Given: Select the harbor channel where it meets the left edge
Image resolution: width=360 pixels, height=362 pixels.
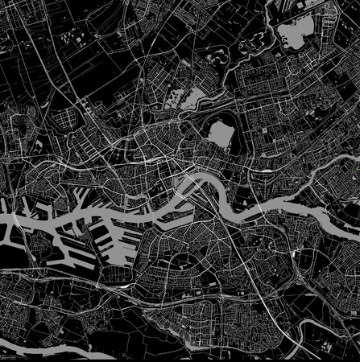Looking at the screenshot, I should point(4,219).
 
